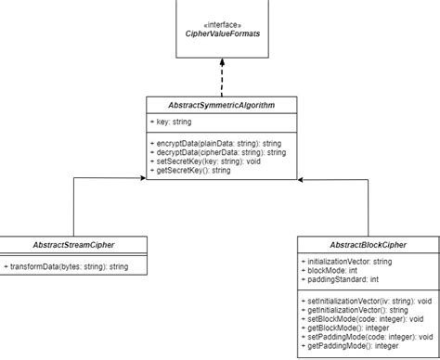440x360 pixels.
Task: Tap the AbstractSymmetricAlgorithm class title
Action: [x=222, y=104]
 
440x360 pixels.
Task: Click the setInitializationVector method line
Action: [x=367, y=302]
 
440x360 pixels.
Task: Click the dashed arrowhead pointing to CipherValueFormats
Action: [x=223, y=62]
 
